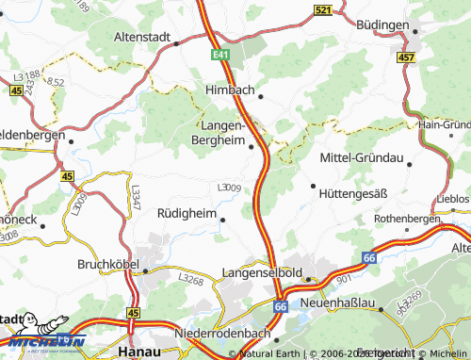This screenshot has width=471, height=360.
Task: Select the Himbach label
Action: coord(231,90)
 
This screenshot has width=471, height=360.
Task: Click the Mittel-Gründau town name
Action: coord(361,156)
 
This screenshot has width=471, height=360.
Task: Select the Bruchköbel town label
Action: coord(107,265)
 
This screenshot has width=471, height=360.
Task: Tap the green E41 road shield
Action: coord(221,56)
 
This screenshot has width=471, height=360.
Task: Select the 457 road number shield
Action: coord(405,57)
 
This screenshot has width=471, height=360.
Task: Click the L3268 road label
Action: coord(192,279)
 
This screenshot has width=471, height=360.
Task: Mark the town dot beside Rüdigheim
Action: coord(222,220)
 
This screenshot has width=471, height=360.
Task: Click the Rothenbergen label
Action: coord(406,218)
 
